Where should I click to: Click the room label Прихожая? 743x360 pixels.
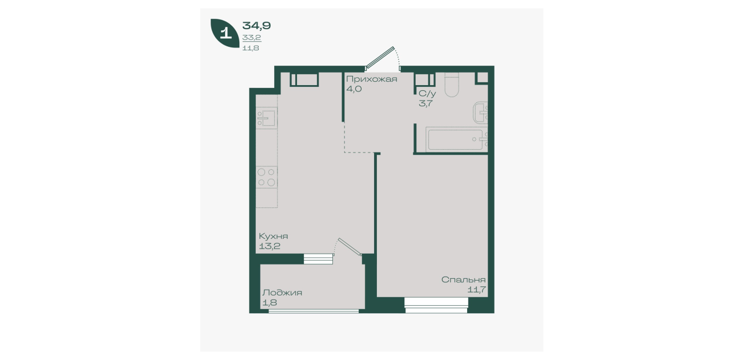pos(371,79)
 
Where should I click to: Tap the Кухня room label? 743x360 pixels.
pos(274,236)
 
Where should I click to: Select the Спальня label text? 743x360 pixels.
pos(463,279)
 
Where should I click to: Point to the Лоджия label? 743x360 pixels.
pos(282,293)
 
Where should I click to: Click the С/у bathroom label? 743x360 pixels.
pos(427,94)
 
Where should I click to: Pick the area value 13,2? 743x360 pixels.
pos(270,246)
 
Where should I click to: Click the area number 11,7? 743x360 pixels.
pos(477,290)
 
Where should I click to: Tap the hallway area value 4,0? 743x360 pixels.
pos(354,89)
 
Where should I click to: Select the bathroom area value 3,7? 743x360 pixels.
pos(425,103)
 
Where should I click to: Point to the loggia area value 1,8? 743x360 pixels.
pos(270,303)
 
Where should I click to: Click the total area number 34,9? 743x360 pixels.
pos(256,25)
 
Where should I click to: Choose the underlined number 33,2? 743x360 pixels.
pos(251,38)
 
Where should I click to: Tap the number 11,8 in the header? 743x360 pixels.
pos(251,48)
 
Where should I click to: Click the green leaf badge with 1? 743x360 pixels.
pos(225,33)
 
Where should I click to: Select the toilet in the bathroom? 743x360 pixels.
pos(452,85)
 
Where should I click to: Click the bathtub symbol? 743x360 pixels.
pos(456,139)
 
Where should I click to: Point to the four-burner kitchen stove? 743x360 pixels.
pos(267,177)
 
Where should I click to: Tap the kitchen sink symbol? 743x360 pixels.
pos(267,118)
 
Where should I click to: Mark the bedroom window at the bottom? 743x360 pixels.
pos(436,305)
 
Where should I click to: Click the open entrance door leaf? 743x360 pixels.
pos(380,57)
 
